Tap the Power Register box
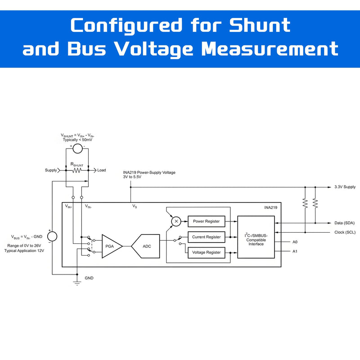pyautogui.click(x=207, y=221)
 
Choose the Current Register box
pyautogui.click(x=207, y=237)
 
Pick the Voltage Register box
pyautogui.click(x=207, y=252)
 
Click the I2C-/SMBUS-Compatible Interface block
pyautogui.click(x=256, y=237)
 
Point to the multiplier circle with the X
pyautogui.click(x=176, y=221)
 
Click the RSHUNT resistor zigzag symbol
pyautogui.click(x=76, y=171)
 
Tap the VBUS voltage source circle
pyautogui.click(x=52, y=237)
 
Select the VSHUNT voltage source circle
pyautogui.click(x=77, y=148)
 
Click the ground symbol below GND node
pyautogui.click(x=77, y=283)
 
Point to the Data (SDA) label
pyautogui.click(x=344, y=223)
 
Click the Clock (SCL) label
pyautogui.click(x=345, y=232)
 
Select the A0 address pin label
pyautogui.click(x=295, y=242)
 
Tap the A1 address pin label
pyautogui.click(x=295, y=252)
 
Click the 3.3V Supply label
pyautogui.click(x=345, y=187)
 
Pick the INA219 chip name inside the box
pyautogui.click(x=271, y=207)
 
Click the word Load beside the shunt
pyautogui.click(x=102, y=170)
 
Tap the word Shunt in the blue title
pyautogui.click(x=260, y=25)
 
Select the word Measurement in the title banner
pyautogui.click(x=270, y=49)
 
